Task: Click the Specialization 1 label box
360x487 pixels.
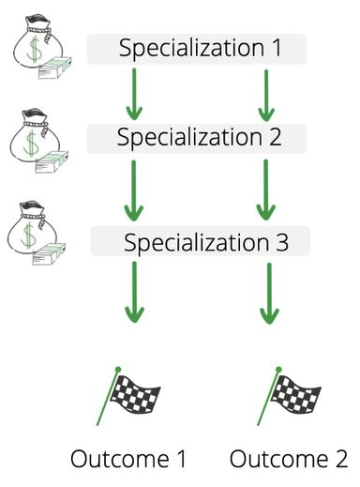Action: click(198, 49)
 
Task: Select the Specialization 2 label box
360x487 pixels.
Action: click(198, 137)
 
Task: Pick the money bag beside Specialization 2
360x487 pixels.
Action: click(35, 141)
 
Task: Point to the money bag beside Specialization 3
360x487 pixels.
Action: click(35, 234)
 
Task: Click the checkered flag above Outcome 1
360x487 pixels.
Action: click(130, 395)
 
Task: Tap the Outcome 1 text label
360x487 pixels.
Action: click(128, 459)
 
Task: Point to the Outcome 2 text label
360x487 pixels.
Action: click(288, 459)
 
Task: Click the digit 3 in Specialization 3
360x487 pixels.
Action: click(281, 242)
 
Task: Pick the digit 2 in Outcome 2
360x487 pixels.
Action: click(339, 459)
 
